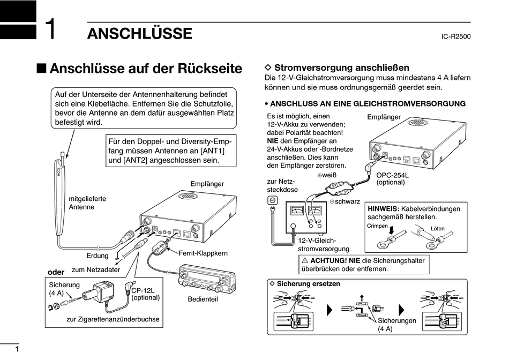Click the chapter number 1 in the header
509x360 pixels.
[x=50, y=30]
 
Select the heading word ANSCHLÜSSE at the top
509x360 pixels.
[x=139, y=34]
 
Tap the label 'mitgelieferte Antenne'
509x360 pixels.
[x=87, y=202]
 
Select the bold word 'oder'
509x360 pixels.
[x=56, y=272]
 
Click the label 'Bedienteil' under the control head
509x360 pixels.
[x=203, y=299]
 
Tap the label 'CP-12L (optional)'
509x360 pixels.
[x=145, y=294]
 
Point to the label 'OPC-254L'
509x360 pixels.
[x=392, y=175]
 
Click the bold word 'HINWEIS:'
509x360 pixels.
[x=383, y=209]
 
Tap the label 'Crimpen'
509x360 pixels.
[x=377, y=226]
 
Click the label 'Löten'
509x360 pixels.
[x=438, y=228]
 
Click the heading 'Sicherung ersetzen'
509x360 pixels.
[x=308, y=284]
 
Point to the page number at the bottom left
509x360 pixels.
[x=17, y=349]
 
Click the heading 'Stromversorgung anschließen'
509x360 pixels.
[x=342, y=68]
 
